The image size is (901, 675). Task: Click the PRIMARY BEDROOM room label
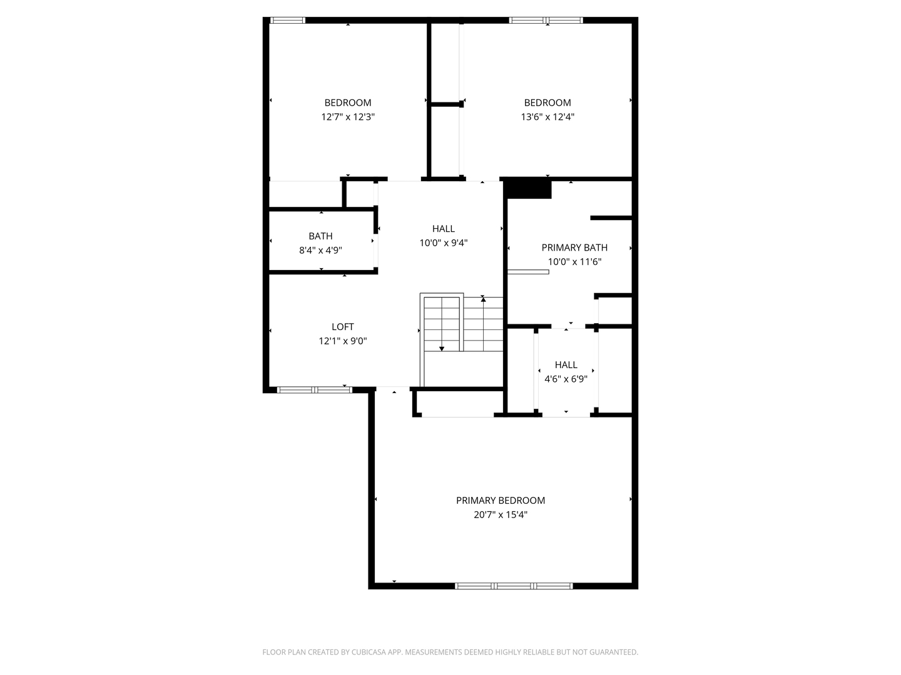coord(500,500)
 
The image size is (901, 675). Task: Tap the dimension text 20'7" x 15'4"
coord(500,515)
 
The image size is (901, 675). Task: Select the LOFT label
coord(342,326)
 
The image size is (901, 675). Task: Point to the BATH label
coord(320,236)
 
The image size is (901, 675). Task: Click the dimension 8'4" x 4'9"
coord(320,251)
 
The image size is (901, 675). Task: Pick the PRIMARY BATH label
coord(574,247)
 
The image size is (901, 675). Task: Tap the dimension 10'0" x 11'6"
coord(574,262)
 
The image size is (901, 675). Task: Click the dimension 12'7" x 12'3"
coord(347,117)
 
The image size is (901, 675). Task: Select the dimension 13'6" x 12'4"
coord(547,117)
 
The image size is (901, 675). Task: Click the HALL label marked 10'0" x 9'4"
coord(443,229)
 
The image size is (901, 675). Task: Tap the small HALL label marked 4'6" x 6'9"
coord(566,364)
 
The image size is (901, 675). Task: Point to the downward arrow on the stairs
coord(442,347)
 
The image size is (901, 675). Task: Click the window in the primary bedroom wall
coord(513,586)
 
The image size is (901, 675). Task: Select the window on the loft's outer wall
coord(315,390)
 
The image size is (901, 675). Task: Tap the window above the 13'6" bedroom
coord(546,20)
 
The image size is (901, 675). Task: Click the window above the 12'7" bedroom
coord(288,20)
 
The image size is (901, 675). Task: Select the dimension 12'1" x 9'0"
coord(342,341)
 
